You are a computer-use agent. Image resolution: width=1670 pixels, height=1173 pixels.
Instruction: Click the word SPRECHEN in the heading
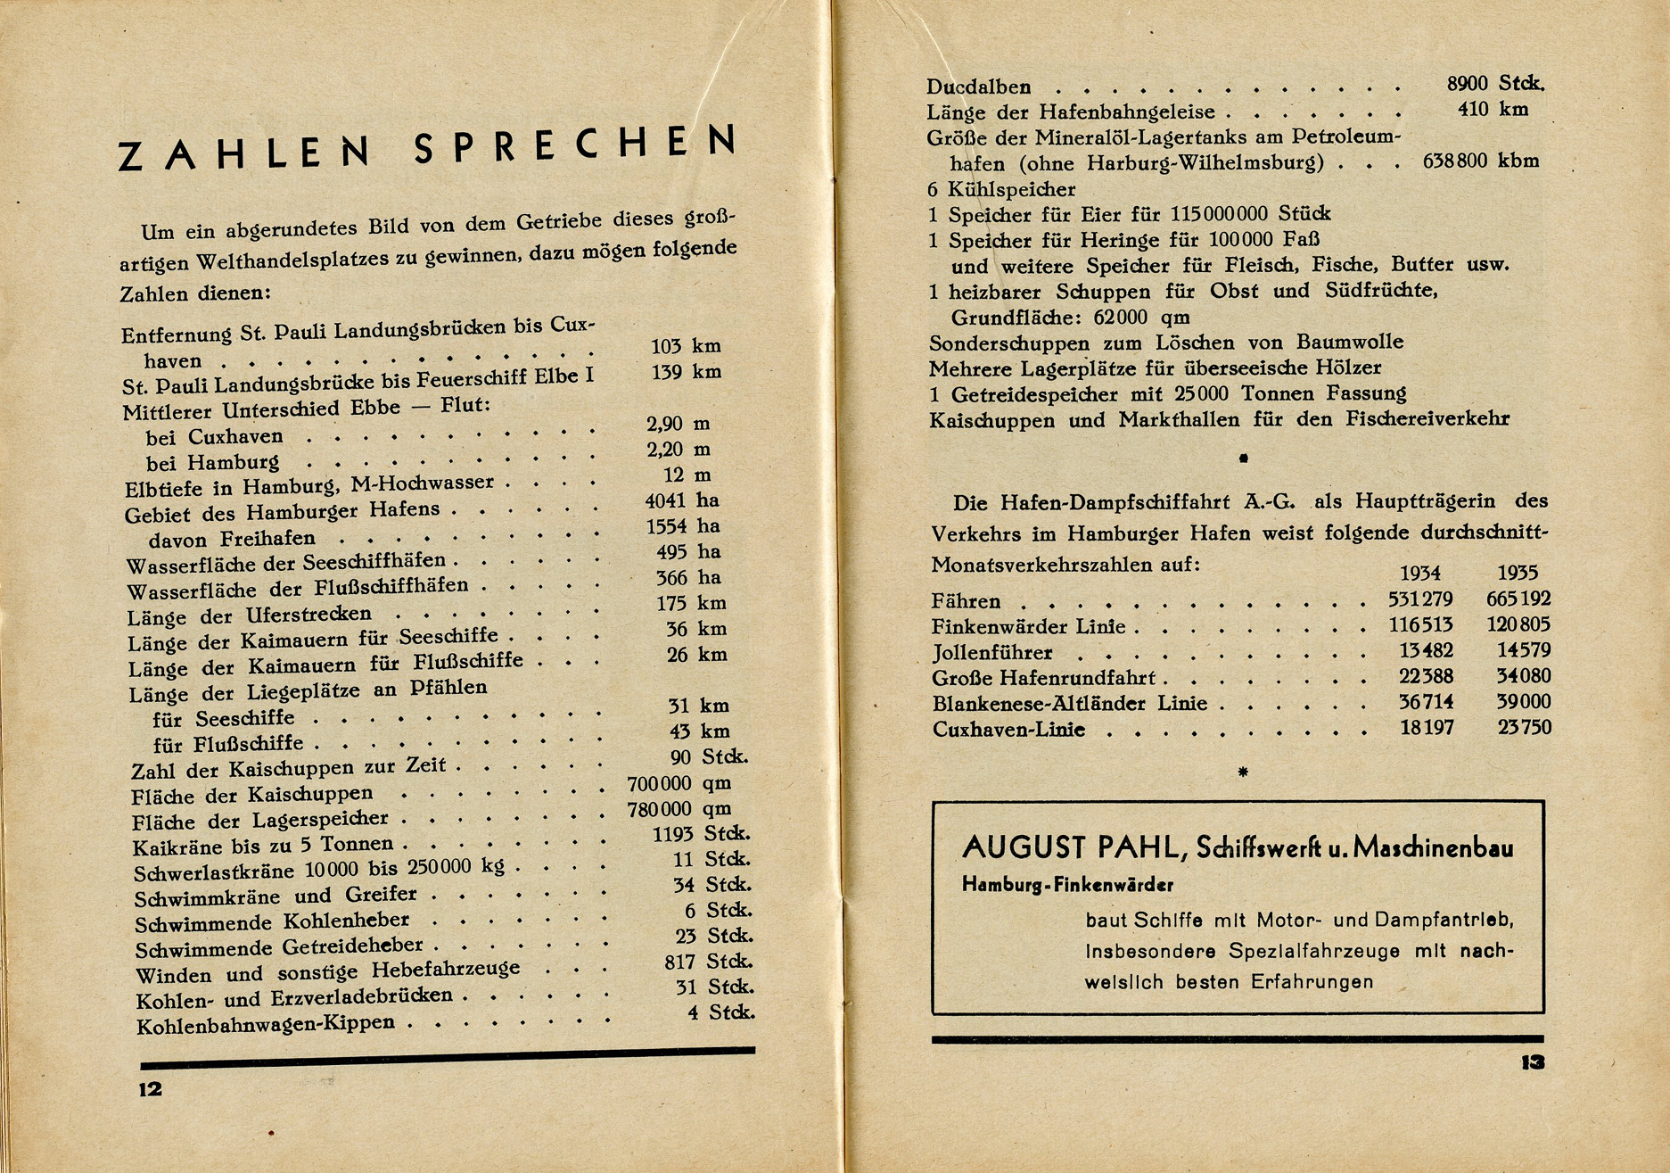576,146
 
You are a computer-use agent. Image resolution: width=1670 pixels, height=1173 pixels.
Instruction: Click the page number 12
150,1088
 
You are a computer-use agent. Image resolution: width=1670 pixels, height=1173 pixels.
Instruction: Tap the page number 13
1533,1062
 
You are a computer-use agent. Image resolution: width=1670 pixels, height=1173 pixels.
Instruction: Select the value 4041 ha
682,500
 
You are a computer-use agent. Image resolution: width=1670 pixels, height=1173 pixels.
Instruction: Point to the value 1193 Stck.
701,834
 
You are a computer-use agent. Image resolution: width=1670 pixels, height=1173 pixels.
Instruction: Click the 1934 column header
1419,573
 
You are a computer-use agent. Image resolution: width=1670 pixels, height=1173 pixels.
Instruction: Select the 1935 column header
1518,573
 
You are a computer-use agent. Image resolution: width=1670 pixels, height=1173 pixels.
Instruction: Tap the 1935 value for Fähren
1518,599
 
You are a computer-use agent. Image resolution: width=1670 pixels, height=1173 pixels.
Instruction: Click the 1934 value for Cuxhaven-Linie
1427,728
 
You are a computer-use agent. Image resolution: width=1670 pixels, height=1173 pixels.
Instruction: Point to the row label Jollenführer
992,653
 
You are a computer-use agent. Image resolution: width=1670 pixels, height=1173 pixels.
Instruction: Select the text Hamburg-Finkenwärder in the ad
1067,885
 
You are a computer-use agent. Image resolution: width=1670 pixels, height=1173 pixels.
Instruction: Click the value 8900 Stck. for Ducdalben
1495,83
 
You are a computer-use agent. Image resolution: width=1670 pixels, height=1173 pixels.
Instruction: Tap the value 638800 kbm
1480,161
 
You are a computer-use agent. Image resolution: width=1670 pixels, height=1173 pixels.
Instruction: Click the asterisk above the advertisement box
1243,772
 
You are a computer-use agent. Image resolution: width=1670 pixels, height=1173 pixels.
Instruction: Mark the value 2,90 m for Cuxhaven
678,424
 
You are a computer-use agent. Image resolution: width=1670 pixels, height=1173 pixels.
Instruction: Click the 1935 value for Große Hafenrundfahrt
1524,676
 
